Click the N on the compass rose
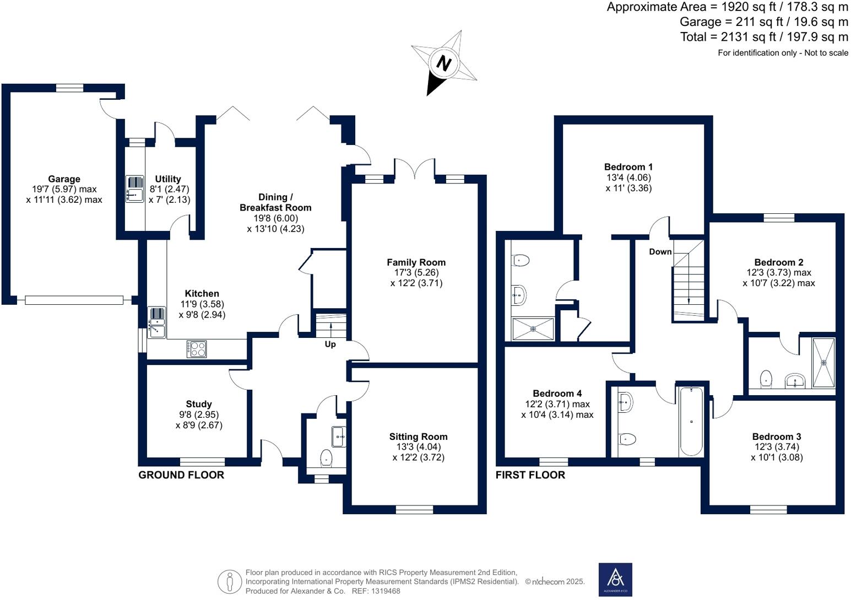pyautogui.click(x=444, y=63)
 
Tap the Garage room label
pyautogui.click(x=64, y=179)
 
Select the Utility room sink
pyautogui.click(x=134, y=189)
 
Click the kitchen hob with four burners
pyautogui.click(x=197, y=349)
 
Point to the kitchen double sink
pyautogui.click(x=157, y=322)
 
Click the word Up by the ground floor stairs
pyautogui.click(x=330, y=344)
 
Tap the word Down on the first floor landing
pyautogui.click(x=660, y=252)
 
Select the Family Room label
pyautogui.click(x=416, y=262)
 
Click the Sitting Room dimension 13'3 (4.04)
pyautogui.click(x=418, y=447)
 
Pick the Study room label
pyautogui.click(x=198, y=404)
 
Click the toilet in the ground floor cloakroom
pyautogui.click(x=327, y=457)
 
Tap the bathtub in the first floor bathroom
pyautogui.click(x=691, y=421)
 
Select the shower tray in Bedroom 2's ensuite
pyautogui.click(x=823, y=363)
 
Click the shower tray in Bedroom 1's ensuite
pyautogui.click(x=533, y=329)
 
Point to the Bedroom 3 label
pyautogui.click(x=776, y=437)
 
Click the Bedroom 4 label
pyautogui.click(x=557, y=394)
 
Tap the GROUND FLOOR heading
pyautogui.click(x=181, y=475)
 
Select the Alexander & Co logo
pyautogui.click(x=615, y=579)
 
